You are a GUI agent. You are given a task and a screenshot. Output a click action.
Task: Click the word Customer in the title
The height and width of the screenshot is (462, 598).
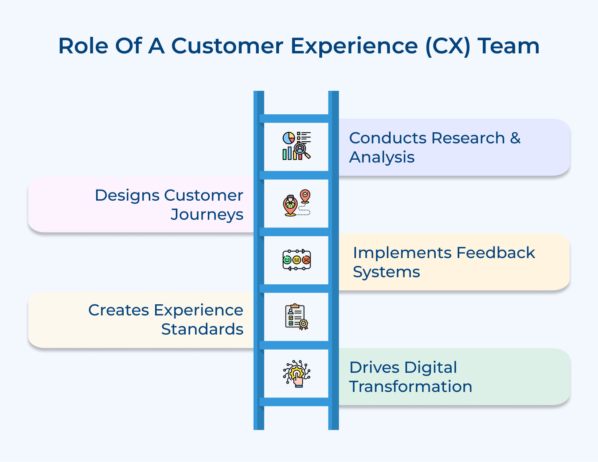227,46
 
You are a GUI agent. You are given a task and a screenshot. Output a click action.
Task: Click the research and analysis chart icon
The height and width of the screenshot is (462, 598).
296,146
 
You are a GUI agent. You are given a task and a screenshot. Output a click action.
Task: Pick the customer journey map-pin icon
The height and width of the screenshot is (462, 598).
296,203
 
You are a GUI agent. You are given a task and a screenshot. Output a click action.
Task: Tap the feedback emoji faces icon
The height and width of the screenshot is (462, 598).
296,260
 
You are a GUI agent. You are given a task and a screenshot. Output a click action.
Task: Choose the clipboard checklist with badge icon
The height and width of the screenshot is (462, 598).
296,317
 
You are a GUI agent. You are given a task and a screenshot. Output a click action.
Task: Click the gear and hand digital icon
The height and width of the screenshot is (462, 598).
296,374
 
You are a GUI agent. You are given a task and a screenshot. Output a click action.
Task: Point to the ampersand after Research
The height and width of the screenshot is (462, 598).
515,138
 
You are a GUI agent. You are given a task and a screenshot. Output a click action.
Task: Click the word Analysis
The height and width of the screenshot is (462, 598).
382,157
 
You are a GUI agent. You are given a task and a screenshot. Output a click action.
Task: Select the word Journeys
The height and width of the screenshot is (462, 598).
207,215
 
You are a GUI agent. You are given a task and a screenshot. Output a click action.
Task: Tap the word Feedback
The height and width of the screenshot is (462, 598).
496,253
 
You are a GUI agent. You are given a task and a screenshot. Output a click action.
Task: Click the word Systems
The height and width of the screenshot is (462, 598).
386,272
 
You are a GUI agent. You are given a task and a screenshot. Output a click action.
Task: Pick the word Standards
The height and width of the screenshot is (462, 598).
202,329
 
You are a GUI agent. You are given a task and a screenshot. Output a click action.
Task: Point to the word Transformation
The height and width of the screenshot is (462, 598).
411,387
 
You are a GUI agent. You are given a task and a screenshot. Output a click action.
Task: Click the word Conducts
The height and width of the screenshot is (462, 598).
388,138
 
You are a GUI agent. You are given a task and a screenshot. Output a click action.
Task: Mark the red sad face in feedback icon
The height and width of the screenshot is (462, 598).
306,260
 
